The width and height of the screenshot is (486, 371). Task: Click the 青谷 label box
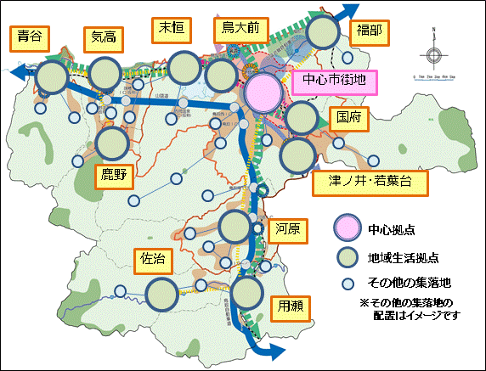[29, 39]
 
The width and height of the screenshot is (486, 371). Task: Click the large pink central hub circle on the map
[263, 91]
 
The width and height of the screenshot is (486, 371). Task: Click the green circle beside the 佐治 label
[163, 294]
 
